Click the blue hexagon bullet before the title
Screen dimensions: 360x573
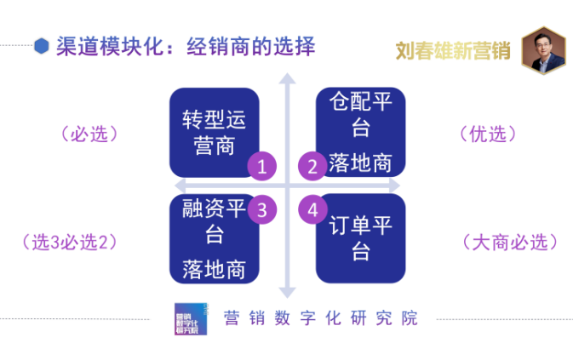(40, 46)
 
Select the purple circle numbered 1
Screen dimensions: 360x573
(263, 167)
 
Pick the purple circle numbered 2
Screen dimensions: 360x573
(312, 167)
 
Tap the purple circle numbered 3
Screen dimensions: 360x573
(263, 207)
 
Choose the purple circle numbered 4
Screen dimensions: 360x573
(312, 207)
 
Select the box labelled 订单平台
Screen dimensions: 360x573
(361, 238)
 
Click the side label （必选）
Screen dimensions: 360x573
(89, 134)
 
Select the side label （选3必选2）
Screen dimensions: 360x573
(68, 242)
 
